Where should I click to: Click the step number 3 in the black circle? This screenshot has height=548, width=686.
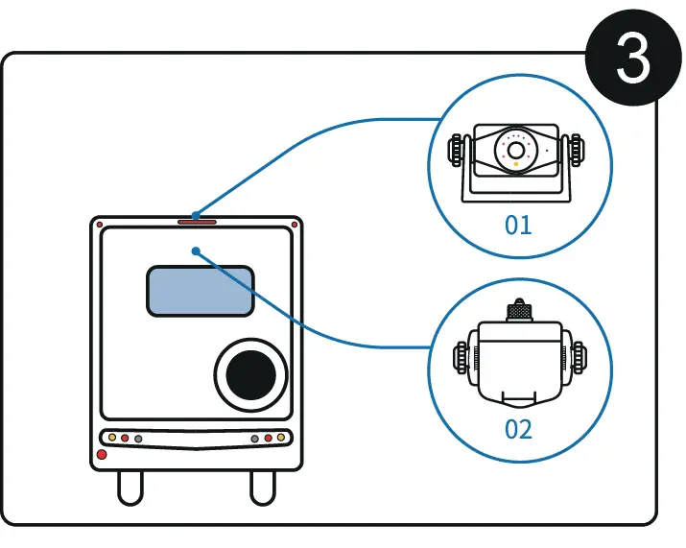pyautogui.click(x=633, y=60)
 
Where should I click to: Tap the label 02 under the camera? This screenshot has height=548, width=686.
pyautogui.click(x=518, y=427)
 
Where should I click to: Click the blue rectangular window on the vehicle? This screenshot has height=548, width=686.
pyautogui.click(x=200, y=291)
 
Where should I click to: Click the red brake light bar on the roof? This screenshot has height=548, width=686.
pyautogui.click(x=197, y=222)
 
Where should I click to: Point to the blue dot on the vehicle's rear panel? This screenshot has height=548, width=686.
pyautogui.click(x=196, y=251)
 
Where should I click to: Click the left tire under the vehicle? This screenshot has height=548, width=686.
pyautogui.click(x=130, y=488)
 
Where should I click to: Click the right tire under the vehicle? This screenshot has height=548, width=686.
pyautogui.click(x=262, y=488)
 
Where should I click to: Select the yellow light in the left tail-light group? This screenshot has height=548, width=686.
pyautogui.click(x=112, y=438)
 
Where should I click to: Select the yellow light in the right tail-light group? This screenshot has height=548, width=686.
pyautogui.click(x=281, y=438)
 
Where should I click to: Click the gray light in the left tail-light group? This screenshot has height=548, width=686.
pyautogui.click(x=138, y=439)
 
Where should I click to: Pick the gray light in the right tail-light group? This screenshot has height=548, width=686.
pyautogui.click(x=255, y=439)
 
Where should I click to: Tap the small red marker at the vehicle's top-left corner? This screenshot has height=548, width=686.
pyautogui.click(x=100, y=225)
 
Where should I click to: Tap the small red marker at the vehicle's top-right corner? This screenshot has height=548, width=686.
pyautogui.click(x=295, y=225)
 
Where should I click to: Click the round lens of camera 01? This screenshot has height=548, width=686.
pyautogui.click(x=516, y=151)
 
